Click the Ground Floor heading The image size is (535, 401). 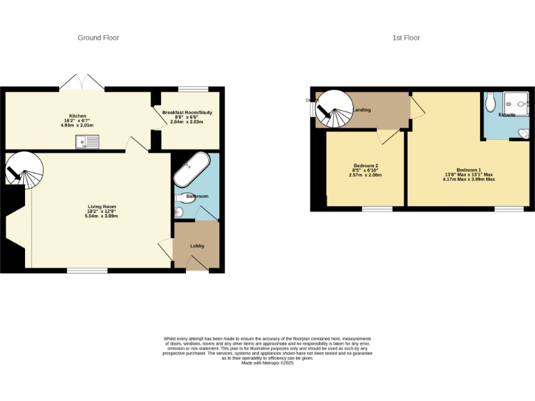pos(98,38)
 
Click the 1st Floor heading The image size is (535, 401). pos(407,38)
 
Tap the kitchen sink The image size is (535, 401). pos(89,142)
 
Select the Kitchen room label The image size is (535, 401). pos(77,116)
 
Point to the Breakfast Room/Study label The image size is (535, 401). pos(187,113)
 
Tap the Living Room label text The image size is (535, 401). pos(102,207)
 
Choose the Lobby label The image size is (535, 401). pos(197,246)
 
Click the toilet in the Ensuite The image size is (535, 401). pos(491,102)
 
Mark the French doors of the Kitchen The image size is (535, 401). pos(82,82)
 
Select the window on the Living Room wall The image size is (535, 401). pos(87,270)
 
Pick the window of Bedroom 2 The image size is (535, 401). pos(376,208)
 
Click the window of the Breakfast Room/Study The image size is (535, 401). pos(193,88)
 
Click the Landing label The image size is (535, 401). pos(362,110)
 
